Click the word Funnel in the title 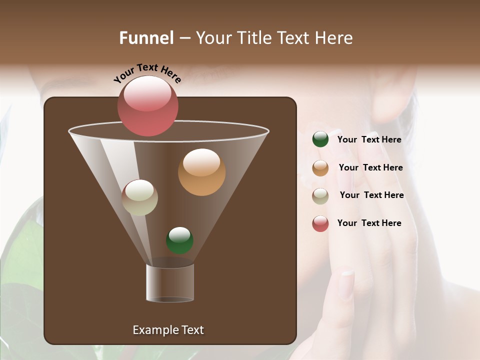click(x=146, y=38)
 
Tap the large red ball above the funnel click(x=148, y=106)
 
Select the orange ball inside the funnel click(x=201, y=172)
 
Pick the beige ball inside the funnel click(x=140, y=197)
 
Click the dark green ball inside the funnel click(x=179, y=240)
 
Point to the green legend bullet click(x=320, y=139)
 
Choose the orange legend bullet click(x=320, y=168)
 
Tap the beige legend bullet click(x=320, y=196)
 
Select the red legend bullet click(x=320, y=223)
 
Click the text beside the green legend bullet click(x=369, y=139)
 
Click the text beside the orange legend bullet click(x=370, y=167)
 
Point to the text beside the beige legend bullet click(x=371, y=195)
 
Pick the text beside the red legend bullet click(x=369, y=223)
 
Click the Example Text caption click(x=168, y=330)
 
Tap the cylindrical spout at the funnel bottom click(x=170, y=283)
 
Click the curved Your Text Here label click(x=147, y=73)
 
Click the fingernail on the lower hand click(x=346, y=284)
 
